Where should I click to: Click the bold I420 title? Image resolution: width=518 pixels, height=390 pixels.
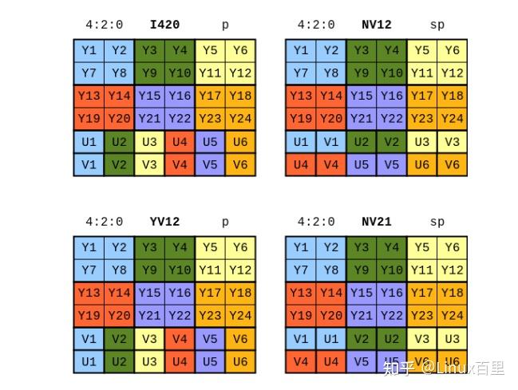point(165,25)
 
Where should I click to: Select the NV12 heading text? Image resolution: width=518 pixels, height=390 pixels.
point(377,25)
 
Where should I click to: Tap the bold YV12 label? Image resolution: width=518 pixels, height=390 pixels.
point(165,222)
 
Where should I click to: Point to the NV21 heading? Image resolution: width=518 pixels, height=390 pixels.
point(377,222)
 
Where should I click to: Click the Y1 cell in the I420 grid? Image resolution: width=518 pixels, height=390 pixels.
point(89,50)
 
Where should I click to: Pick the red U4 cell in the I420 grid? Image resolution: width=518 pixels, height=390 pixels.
point(180,143)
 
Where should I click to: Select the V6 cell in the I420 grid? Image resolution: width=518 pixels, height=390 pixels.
point(240,165)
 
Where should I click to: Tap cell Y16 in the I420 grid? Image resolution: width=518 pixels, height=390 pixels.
point(180,96)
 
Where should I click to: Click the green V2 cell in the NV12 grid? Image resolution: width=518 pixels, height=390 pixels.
point(392,143)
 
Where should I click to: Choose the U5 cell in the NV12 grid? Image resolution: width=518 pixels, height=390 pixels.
point(362,165)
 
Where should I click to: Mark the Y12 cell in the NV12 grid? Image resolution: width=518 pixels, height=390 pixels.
point(453,73)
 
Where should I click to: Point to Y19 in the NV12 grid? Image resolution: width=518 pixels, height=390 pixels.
point(301,118)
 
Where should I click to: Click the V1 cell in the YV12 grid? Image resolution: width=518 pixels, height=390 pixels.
point(89,339)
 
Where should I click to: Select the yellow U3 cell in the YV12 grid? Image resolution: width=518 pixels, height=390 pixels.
point(149,361)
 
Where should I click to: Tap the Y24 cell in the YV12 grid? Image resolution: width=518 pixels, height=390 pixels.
point(240,315)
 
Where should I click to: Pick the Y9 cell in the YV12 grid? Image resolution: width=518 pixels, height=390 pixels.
point(149,270)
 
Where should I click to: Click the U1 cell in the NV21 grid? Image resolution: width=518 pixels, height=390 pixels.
point(331,339)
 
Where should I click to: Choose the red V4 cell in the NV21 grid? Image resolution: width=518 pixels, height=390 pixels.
point(301,361)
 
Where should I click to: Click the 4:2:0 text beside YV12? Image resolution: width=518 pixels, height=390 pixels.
point(105,222)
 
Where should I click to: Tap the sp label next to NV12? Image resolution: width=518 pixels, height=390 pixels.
point(437,25)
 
